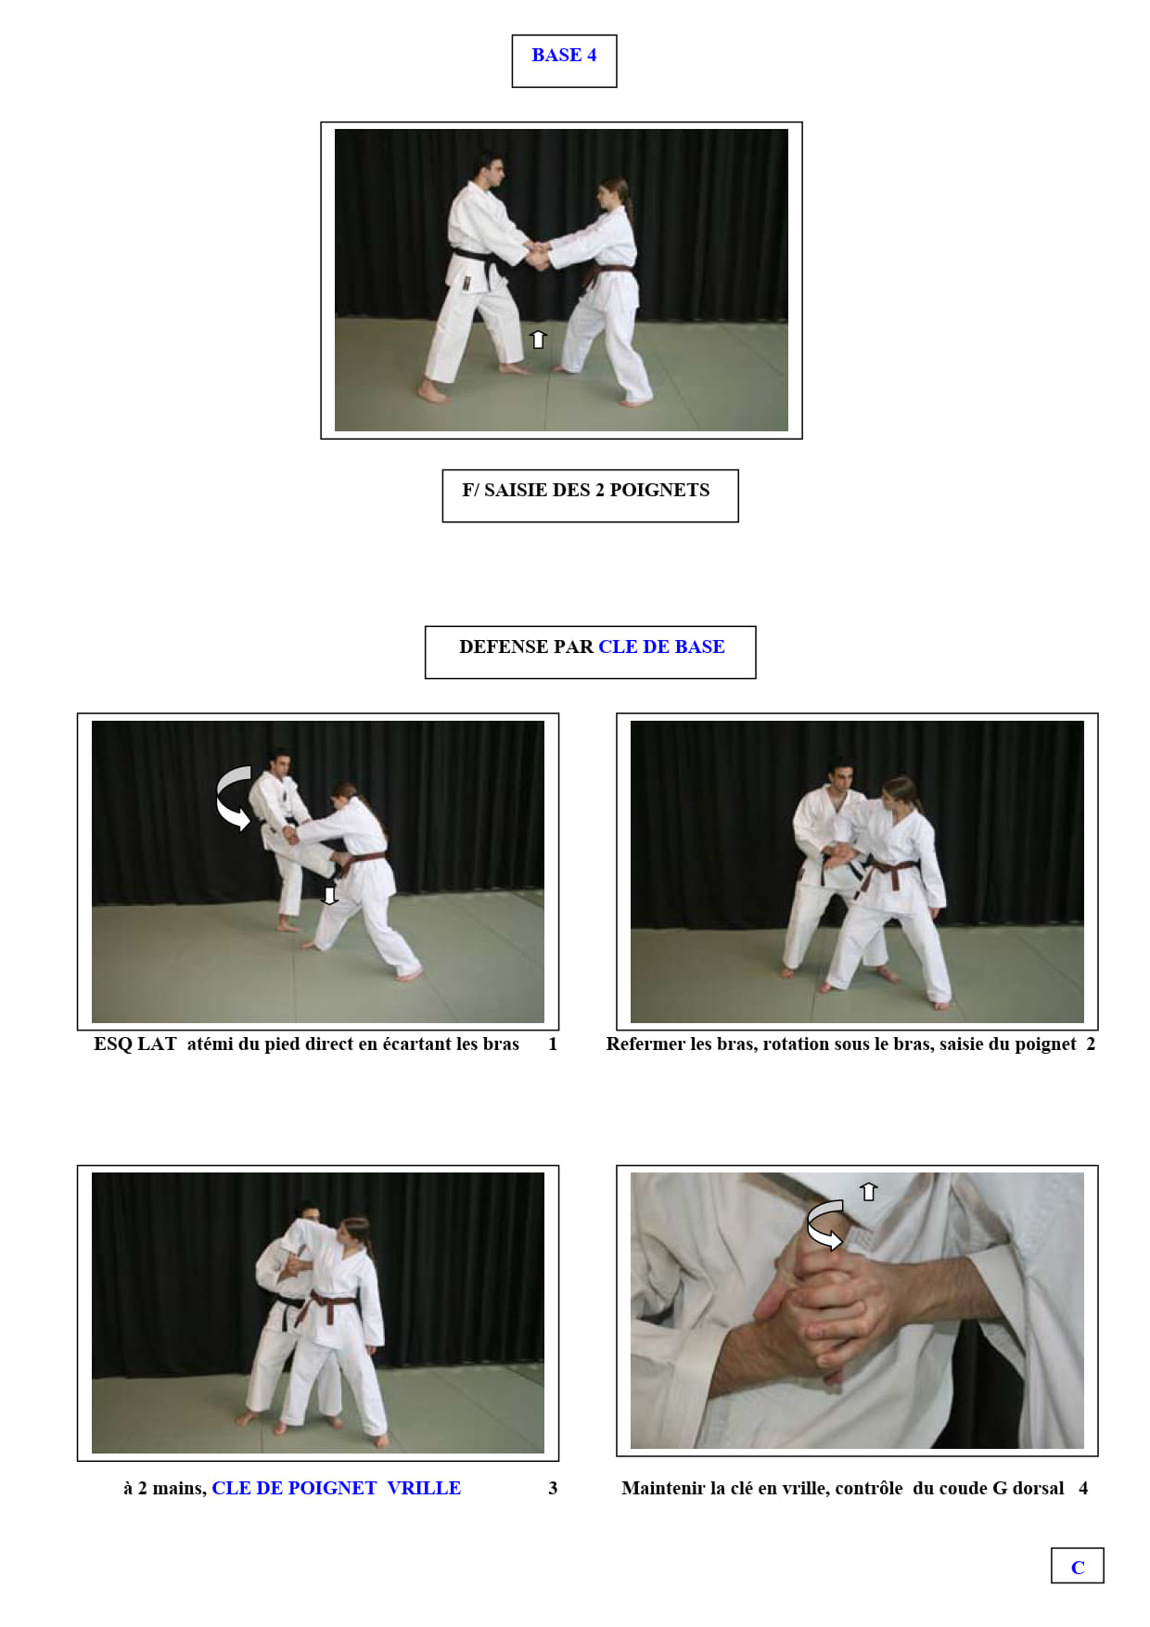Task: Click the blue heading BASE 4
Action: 564,55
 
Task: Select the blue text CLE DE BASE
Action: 661,647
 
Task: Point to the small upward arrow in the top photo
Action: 538,339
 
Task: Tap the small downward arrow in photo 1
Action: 329,895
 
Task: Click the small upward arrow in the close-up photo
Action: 868,1191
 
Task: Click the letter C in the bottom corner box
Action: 1078,1568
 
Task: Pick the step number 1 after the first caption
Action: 553,1044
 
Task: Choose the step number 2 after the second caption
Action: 1091,1044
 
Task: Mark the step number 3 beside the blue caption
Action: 553,1488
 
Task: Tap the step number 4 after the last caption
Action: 1083,1488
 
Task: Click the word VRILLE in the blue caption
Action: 424,1488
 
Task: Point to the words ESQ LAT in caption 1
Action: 134,1044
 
